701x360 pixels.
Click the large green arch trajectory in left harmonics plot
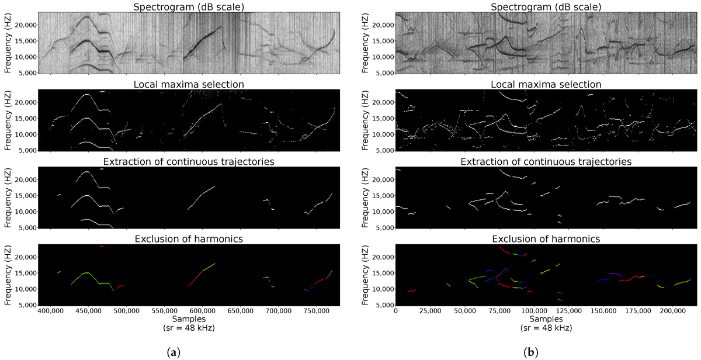[x=86, y=274]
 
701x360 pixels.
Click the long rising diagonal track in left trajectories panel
[x=202, y=197]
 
